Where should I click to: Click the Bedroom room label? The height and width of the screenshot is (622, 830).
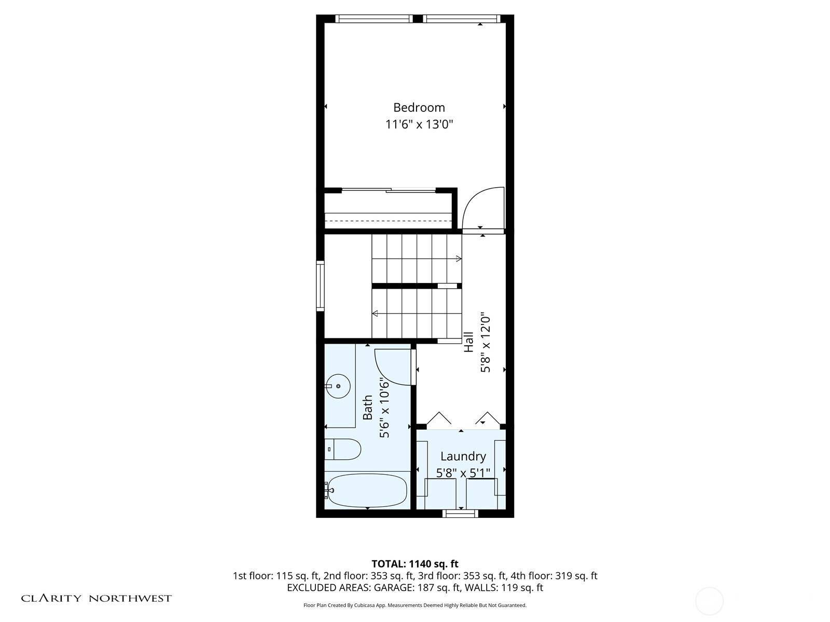(x=419, y=107)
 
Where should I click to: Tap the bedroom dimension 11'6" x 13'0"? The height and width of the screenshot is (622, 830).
(x=419, y=124)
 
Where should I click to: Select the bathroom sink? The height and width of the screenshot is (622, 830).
(x=338, y=386)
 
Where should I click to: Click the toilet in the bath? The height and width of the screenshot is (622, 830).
(x=343, y=449)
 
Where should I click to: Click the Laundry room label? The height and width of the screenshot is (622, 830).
(x=463, y=456)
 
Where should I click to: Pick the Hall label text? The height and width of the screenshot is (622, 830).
(x=469, y=342)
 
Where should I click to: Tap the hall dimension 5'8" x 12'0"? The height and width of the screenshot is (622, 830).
(x=486, y=342)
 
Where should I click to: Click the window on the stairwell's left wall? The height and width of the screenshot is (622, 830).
(x=320, y=287)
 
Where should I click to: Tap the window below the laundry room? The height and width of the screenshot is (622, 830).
(x=460, y=513)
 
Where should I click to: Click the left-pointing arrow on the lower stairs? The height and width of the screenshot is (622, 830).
(x=375, y=313)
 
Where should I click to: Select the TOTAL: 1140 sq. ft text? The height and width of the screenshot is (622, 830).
(x=415, y=563)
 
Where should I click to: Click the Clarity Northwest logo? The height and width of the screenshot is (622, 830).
(x=96, y=598)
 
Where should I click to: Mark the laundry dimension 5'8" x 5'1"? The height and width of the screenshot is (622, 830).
(x=463, y=473)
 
